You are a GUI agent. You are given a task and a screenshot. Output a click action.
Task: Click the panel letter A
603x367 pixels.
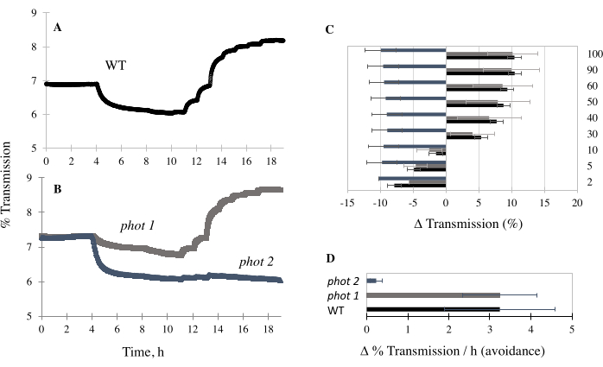coord(57,27)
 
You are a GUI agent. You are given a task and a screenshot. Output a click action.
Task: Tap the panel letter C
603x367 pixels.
coord(329,29)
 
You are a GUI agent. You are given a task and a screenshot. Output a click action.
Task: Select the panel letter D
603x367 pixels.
coord(329,257)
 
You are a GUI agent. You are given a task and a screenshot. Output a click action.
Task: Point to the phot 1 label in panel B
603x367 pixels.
coord(136,226)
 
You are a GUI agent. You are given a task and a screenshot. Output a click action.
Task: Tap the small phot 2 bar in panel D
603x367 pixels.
coord(371,281)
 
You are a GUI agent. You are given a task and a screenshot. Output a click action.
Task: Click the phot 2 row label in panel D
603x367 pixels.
coord(344,281)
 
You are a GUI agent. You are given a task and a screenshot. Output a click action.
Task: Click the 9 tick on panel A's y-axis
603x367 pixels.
coord(34,14)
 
